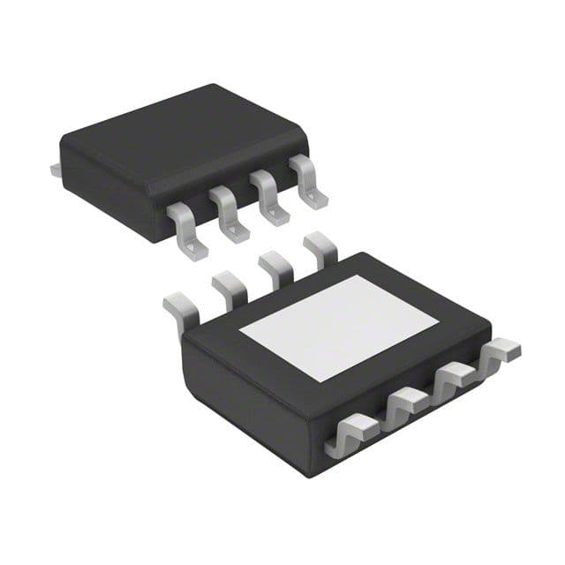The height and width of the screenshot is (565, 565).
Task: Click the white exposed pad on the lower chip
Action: pos(340,326)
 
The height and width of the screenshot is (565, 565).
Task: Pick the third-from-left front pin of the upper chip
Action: pos(269,199)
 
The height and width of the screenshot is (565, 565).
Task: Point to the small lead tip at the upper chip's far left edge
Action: pos(55,168)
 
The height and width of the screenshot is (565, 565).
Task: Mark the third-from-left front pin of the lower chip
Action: pos(455,375)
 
